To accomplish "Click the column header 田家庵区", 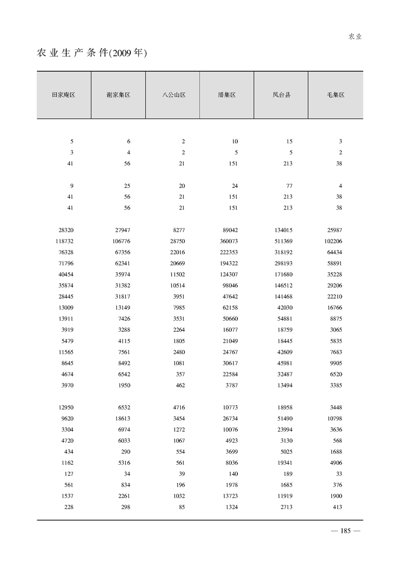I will (64, 95).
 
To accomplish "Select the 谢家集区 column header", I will (118, 95).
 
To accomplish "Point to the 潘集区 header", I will (227, 95).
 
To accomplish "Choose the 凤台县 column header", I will (282, 95).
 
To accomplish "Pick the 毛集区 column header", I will (335, 95).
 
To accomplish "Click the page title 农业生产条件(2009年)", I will (91, 53).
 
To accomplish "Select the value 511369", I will (283, 241).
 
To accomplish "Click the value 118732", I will (66, 241).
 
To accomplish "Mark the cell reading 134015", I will (283, 230).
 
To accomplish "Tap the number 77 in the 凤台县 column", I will (289, 185).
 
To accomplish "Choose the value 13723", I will (229, 496).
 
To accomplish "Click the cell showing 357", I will (180, 374).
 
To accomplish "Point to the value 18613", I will (121, 418).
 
